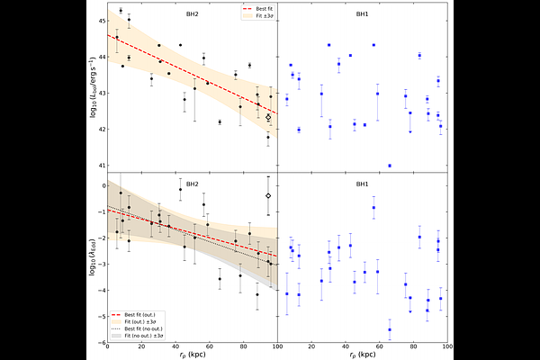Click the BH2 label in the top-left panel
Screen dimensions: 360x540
[192, 14]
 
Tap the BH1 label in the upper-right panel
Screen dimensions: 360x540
[362, 14]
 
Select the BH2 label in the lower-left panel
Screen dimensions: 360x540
[192, 184]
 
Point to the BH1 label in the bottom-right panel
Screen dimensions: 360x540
[362, 184]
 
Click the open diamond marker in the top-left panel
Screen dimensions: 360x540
[268, 117]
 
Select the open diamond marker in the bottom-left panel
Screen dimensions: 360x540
[268, 195]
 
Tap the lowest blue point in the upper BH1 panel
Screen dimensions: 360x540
[390, 166]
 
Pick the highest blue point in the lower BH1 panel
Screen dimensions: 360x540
[373, 207]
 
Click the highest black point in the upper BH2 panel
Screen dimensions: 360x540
[121, 11]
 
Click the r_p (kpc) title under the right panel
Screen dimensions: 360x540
[362, 355]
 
